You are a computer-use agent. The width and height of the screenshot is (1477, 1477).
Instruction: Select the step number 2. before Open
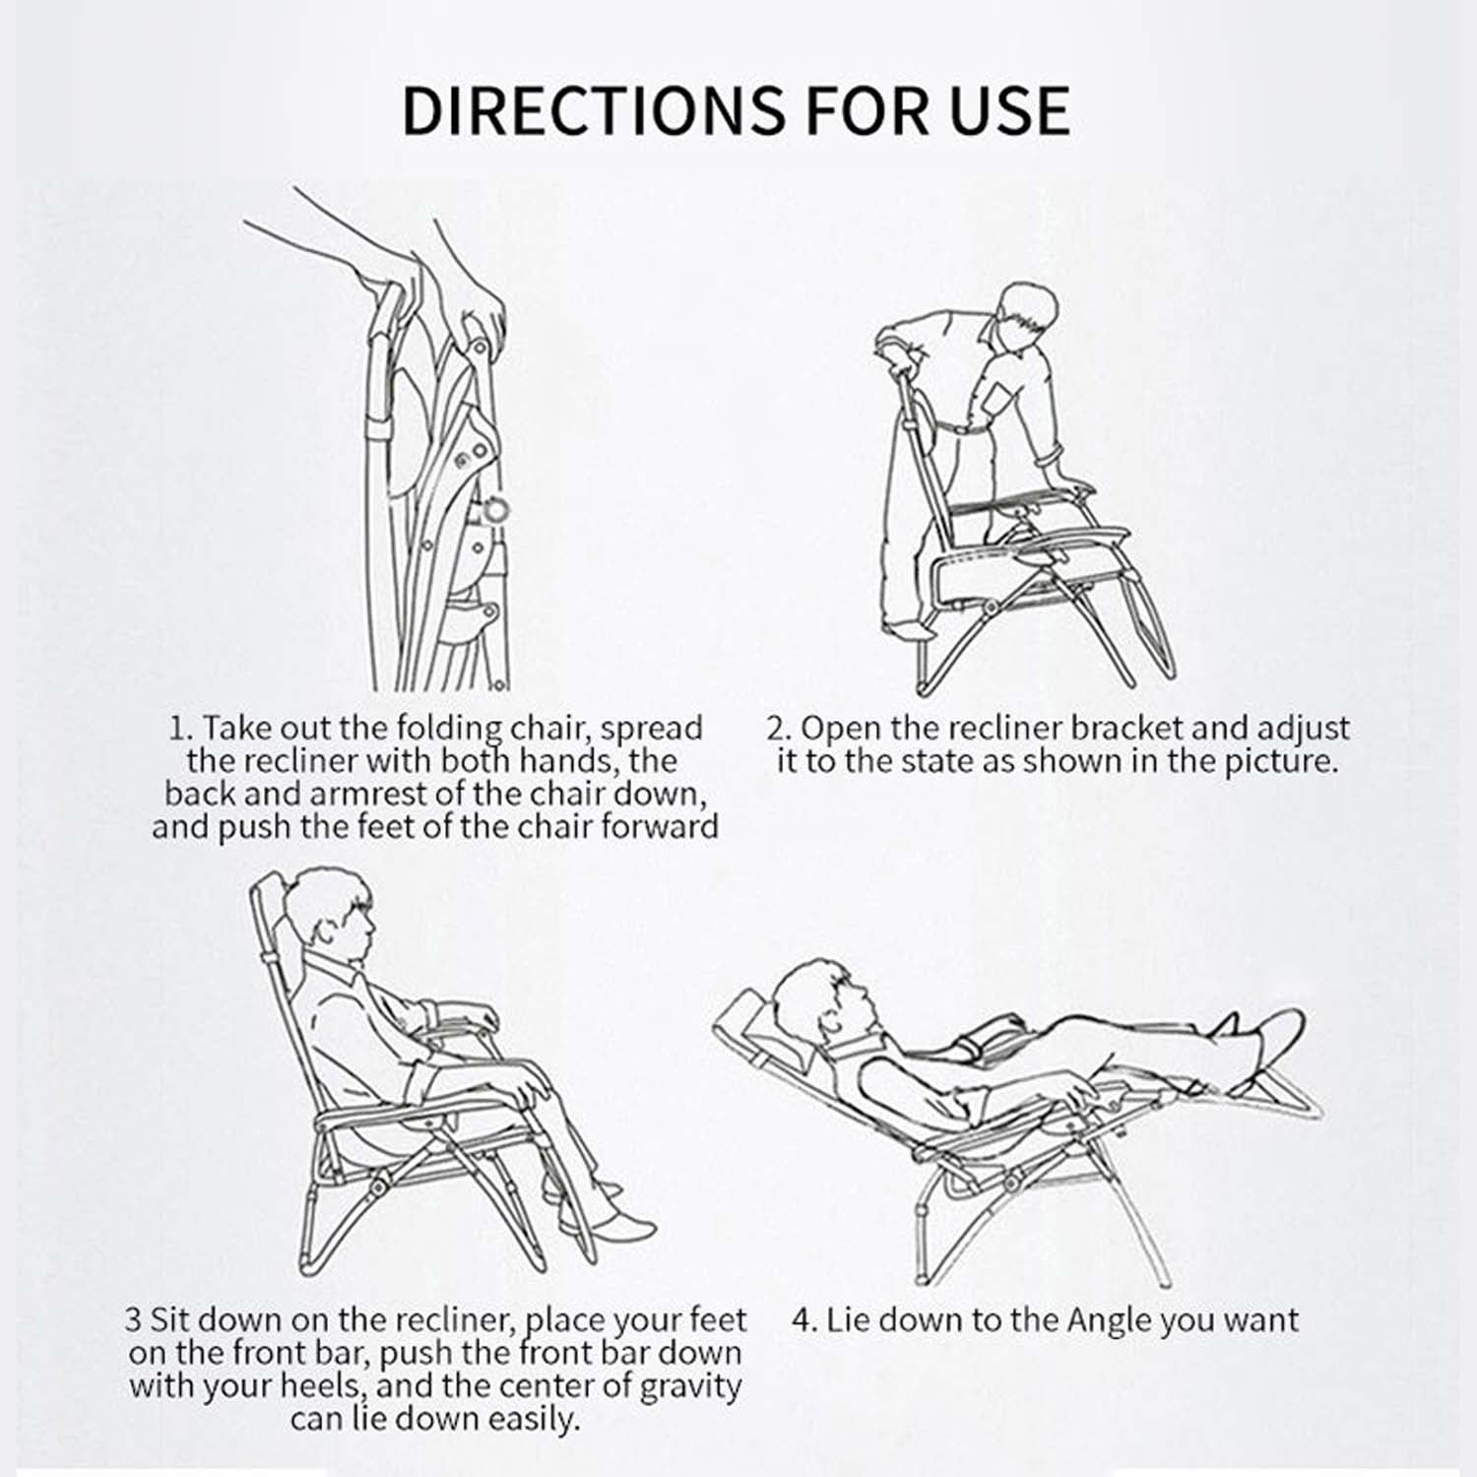pos(780,729)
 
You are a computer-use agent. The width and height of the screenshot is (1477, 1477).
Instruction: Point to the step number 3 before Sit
pos(134,1319)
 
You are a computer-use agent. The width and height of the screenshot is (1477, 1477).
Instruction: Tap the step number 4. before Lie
pos(805,1319)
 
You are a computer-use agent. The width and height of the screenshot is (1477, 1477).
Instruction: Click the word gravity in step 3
pos(690,1387)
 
